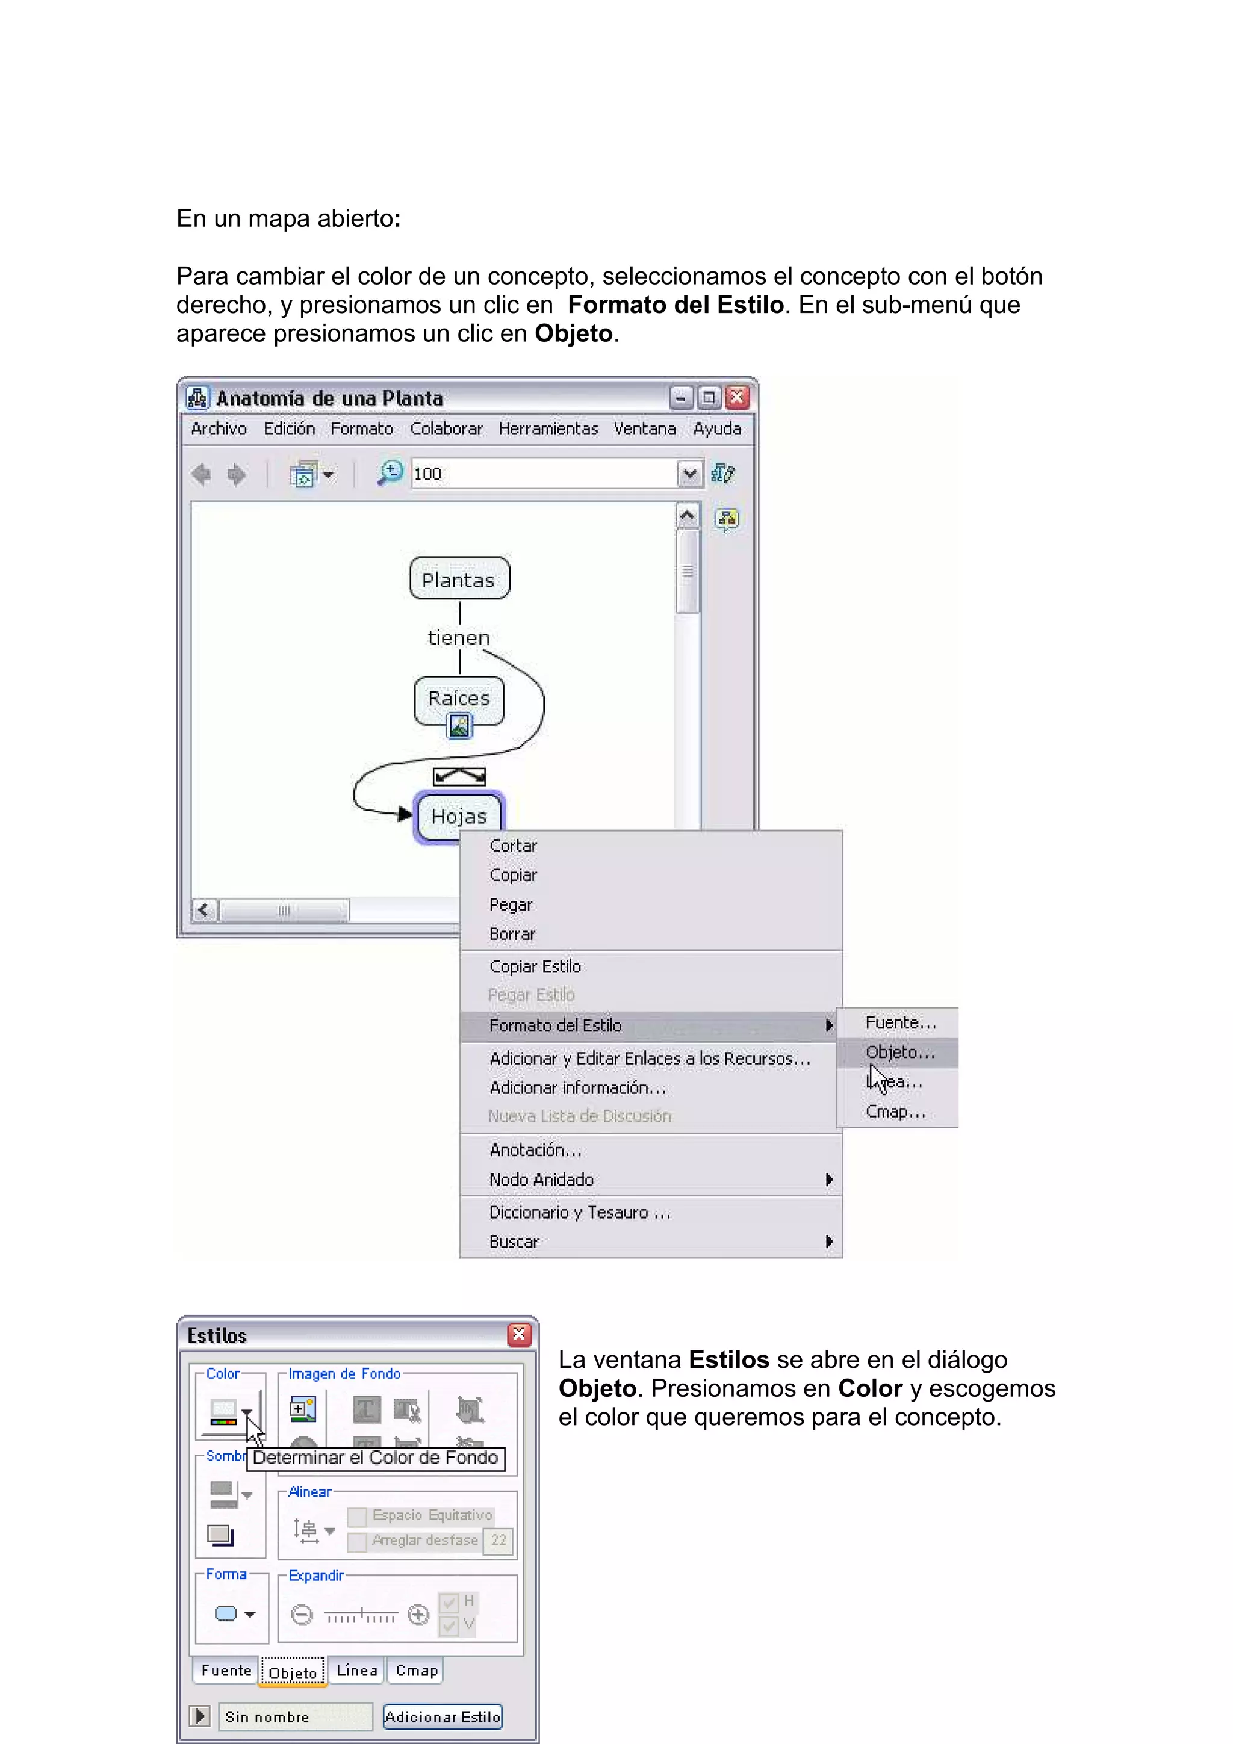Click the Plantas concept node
click(x=459, y=579)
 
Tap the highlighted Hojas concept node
click(x=458, y=816)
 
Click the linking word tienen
click(x=458, y=637)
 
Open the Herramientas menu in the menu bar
click(x=548, y=429)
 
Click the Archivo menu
click(x=219, y=429)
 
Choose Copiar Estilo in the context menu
click(x=535, y=966)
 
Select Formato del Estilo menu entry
click(x=555, y=1025)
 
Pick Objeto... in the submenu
click(x=899, y=1052)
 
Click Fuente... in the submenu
click(x=900, y=1022)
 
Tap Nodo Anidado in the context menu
click(x=541, y=1180)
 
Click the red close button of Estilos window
click(x=520, y=1335)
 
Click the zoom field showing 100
click(x=543, y=474)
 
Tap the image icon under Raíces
click(x=459, y=726)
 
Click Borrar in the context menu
click(x=512, y=933)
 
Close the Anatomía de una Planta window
click(x=737, y=397)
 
